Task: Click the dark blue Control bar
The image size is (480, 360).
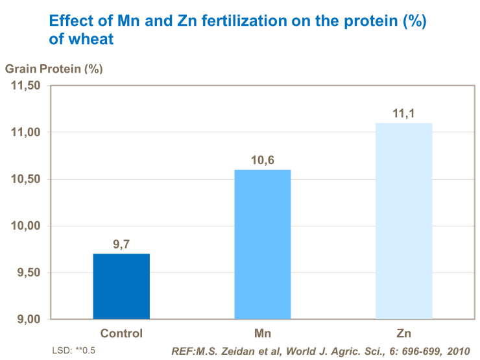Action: pyautogui.click(x=121, y=286)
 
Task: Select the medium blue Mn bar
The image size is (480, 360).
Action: pyautogui.click(x=263, y=244)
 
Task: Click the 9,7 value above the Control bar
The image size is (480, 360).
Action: pyautogui.click(x=122, y=245)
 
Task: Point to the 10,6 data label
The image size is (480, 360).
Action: pyautogui.click(x=263, y=160)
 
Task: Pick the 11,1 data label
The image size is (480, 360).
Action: pyautogui.click(x=404, y=114)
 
